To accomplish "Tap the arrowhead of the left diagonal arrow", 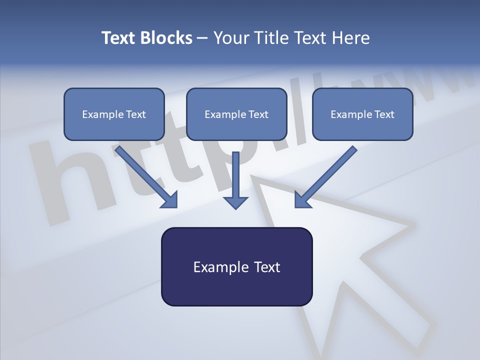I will (x=170, y=200).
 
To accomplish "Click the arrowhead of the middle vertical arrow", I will (x=235, y=202).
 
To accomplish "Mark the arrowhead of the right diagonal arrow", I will (x=302, y=200).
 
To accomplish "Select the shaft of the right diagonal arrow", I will (x=332, y=170).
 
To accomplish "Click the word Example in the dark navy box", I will (x=217, y=267).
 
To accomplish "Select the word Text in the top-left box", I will (x=135, y=114).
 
